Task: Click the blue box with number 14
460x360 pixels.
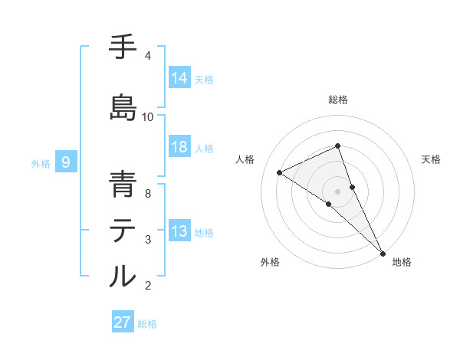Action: [179, 78]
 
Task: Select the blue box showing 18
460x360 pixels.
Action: [179, 147]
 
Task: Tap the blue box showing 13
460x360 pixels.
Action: [179, 231]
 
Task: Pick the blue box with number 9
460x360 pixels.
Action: [67, 162]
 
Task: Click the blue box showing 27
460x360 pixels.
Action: [123, 322]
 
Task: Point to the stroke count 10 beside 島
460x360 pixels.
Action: [148, 117]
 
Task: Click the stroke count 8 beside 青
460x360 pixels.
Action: [148, 194]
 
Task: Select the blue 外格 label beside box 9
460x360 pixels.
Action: [41, 163]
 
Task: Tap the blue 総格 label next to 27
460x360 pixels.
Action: [147, 324]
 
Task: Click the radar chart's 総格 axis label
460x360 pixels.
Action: [337, 100]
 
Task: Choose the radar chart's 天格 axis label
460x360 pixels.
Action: [431, 159]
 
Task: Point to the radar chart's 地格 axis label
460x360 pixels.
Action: [402, 263]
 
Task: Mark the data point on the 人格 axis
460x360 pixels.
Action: [280, 172]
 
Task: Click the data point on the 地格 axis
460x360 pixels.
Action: [382, 252]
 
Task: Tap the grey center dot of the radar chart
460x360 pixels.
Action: [337, 191]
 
